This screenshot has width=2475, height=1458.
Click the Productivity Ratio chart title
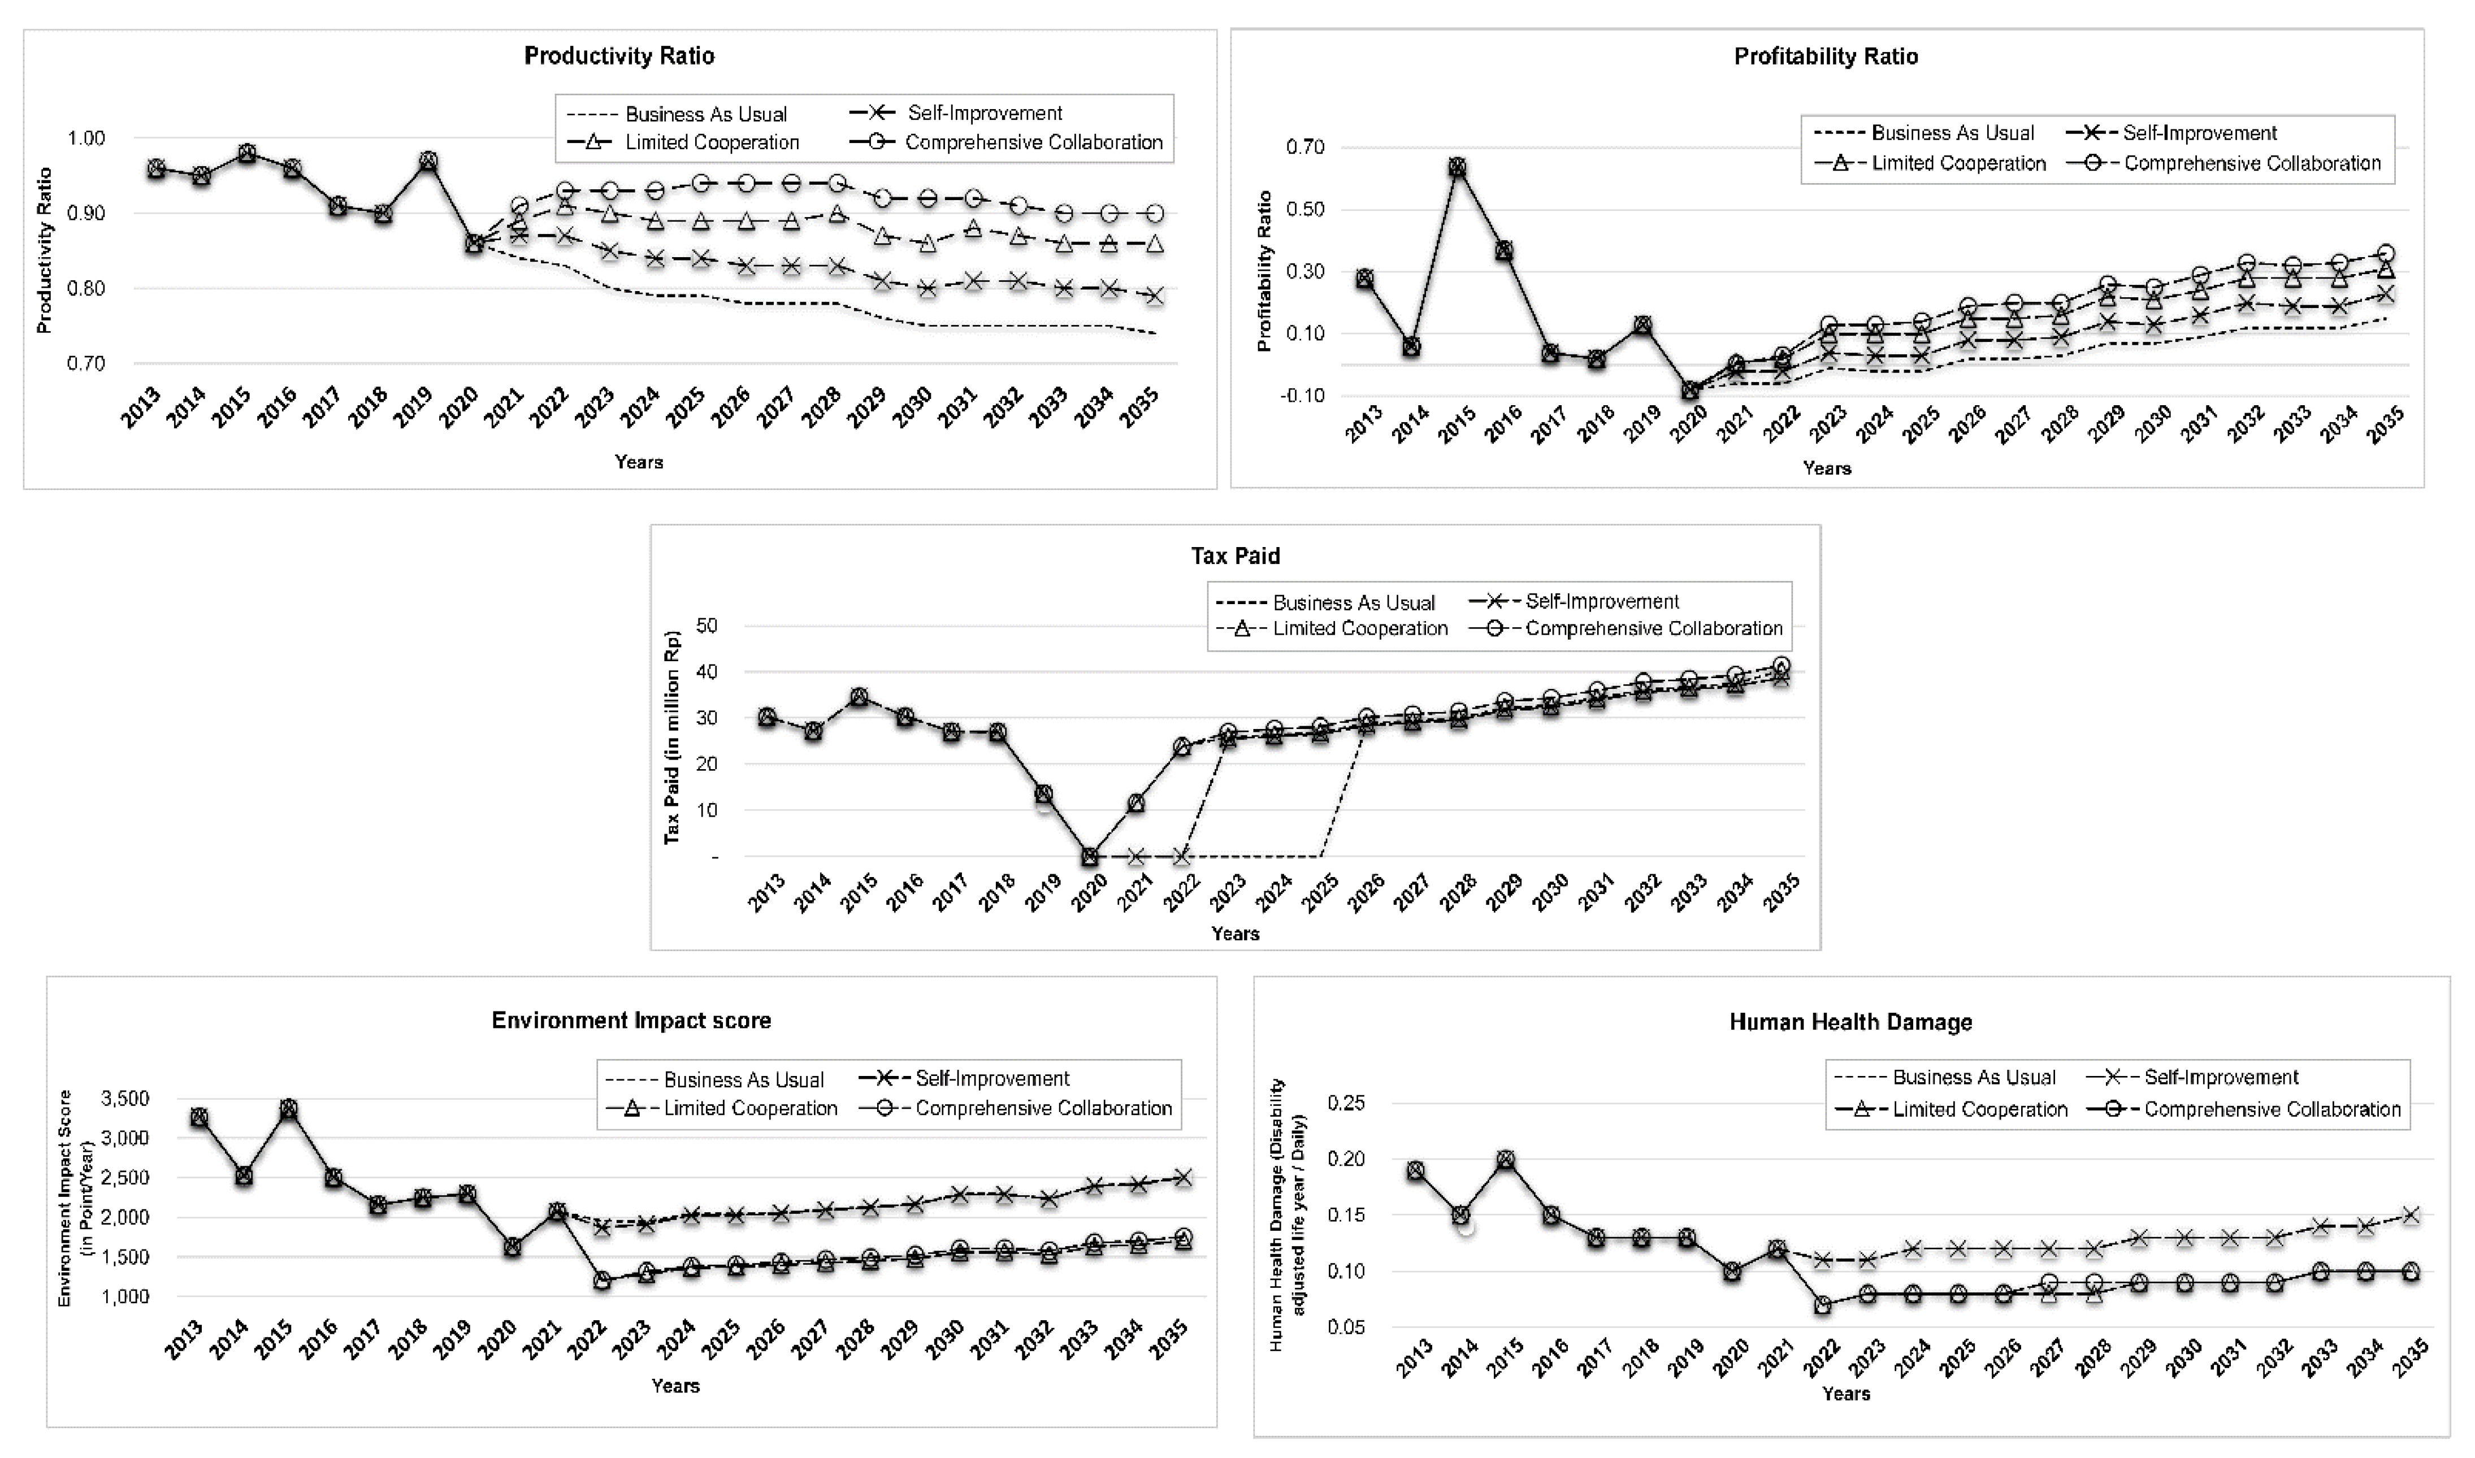619,56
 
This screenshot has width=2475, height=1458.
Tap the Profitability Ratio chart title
1826,56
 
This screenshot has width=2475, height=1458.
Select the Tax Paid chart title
1235,556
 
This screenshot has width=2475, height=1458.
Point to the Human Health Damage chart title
1850,1022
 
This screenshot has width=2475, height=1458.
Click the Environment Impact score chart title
632,1020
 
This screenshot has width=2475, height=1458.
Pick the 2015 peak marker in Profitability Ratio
1457,167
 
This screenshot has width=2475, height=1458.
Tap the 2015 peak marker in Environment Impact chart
288,1108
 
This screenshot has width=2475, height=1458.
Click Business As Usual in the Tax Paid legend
1353,602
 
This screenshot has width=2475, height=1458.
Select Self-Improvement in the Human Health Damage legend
2221,1077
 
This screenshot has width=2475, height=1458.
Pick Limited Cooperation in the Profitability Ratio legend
1958,163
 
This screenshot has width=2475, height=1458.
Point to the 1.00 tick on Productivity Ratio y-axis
86,137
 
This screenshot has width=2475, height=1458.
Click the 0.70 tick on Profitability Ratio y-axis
1305,147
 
